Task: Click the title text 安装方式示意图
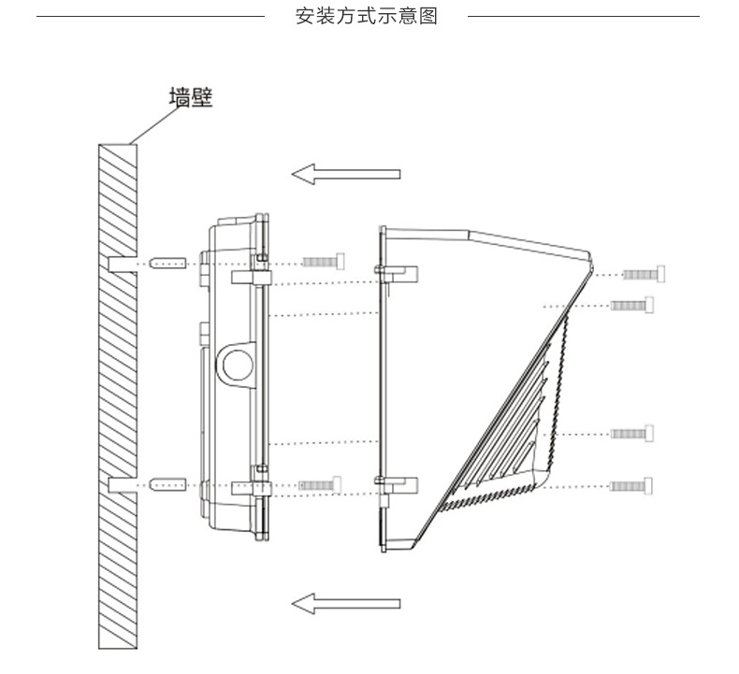[x=366, y=17]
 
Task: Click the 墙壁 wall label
[x=190, y=98]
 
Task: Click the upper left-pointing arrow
[x=345, y=173]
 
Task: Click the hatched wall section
[x=117, y=393]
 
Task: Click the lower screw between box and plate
[x=319, y=484]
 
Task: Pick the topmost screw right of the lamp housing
[x=645, y=274]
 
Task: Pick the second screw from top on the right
[x=632, y=305]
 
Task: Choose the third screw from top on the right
[x=632, y=433]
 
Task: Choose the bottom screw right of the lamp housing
[x=632, y=485]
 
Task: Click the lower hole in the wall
[x=120, y=485]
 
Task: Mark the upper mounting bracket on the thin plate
[x=398, y=272]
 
